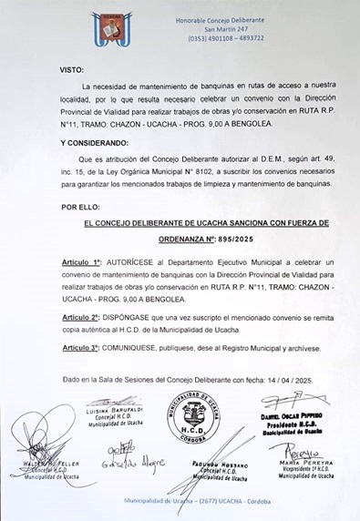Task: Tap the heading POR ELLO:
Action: pyautogui.click(x=80, y=207)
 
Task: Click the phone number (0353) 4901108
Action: pyautogui.click(x=205, y=38)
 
